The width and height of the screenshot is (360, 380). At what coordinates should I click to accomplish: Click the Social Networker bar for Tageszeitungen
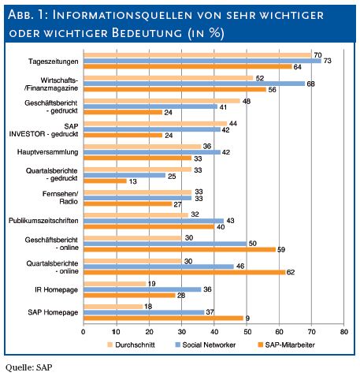coord(202,61)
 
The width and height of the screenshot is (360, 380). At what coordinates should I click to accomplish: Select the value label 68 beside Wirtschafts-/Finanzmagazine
coord(310,84)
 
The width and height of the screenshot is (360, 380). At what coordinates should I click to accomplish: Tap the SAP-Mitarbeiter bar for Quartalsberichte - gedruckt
coord(105,181)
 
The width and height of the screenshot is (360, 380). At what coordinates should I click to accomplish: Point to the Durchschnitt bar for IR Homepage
coord(114,284)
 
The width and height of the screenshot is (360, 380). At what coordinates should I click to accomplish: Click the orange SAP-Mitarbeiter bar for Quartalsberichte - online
coord(184,272)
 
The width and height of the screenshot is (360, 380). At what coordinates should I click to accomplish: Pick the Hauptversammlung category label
coord(47,152)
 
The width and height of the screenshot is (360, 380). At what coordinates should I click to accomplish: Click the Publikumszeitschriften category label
coord(43,221)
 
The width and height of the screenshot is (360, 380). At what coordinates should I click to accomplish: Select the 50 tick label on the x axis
coord(247,332)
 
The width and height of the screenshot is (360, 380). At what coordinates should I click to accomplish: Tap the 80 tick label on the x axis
coord(344,332)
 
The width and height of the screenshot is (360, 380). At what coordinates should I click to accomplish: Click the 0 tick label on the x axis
coord(84,332)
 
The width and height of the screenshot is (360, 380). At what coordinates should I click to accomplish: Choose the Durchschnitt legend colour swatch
coord(110,345)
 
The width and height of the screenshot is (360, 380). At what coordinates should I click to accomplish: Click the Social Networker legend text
coord(209,345)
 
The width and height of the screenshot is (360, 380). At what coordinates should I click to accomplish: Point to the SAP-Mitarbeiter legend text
coord(290,345)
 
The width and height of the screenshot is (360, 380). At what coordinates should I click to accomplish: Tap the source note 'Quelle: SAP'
coord(28,367)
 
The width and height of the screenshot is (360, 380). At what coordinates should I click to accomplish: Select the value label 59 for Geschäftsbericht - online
coord(281,249)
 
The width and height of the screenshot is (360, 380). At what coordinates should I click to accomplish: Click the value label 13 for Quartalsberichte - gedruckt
coord(133,181)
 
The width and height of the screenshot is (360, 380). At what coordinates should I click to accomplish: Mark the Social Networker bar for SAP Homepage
coord(144,312)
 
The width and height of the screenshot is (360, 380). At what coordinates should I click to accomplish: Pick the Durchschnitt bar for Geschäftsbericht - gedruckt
coord(161,101)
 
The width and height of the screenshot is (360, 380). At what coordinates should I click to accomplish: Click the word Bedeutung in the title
coord(147,33)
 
